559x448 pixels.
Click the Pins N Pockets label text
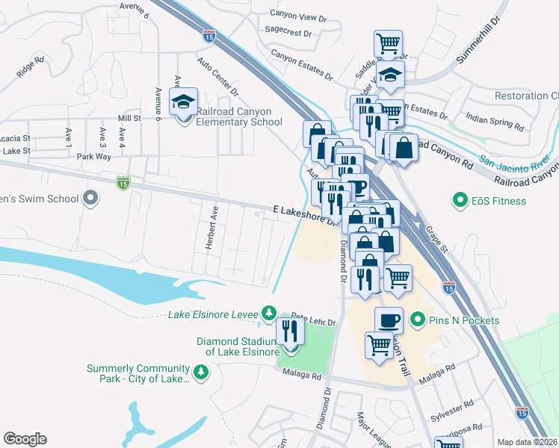464,320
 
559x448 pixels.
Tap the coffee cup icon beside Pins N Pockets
389,321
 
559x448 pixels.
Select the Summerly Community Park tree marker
200,372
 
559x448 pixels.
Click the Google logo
25,439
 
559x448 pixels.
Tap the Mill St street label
129,119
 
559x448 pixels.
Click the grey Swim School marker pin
90,199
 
